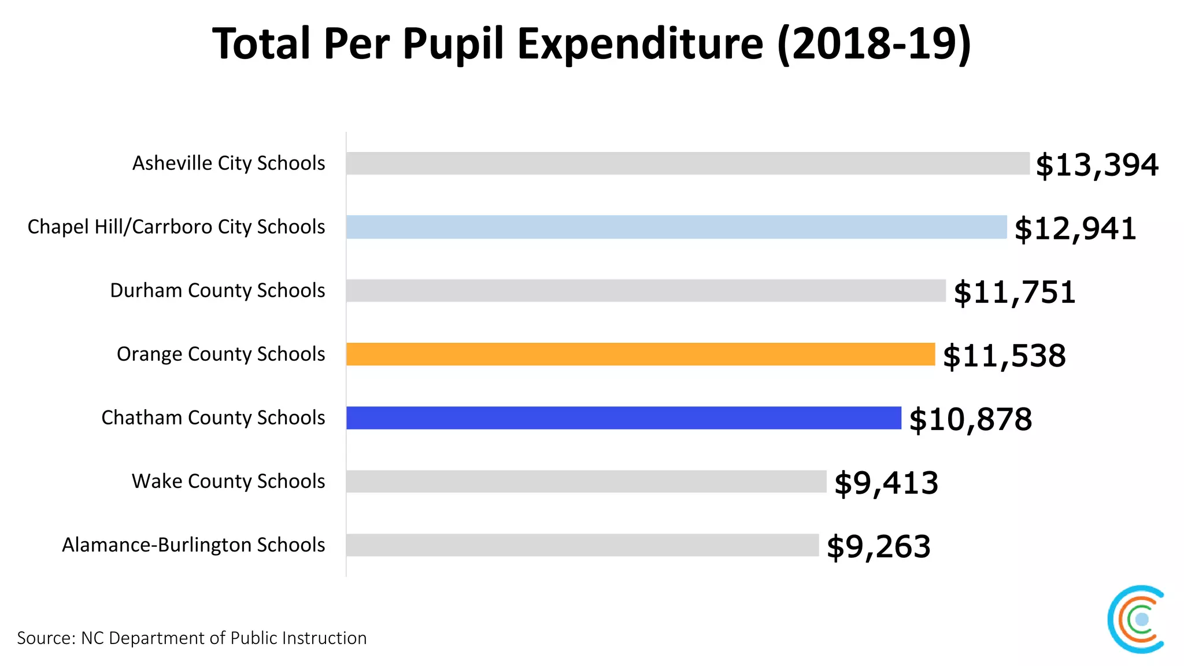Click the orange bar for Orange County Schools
(x=640, y=354)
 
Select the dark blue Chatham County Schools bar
(x=623, y=417)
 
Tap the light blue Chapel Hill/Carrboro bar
(x=676, y=227)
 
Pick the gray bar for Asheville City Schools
(x=687, y=163)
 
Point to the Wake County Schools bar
(x=586, y=481)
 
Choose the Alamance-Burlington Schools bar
(x=582, y=545)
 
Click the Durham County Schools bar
(x=646, y=290)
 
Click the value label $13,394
(x=1097, y=165)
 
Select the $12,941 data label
(x=1075, y=229)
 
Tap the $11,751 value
(x=1014, y=293)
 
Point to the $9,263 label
(x=878, y=547)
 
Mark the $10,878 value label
(x=970, y=420)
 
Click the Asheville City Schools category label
(x=228, y=164)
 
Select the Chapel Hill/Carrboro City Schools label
(x=176, y=227)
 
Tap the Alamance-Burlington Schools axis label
(x=193, y=545)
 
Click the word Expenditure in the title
(x=640, y=44)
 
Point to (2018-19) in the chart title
(x=874, y=44)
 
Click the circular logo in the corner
(x=1137, y=619)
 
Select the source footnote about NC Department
(x=191, y=638)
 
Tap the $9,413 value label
(x=886, y=483)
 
